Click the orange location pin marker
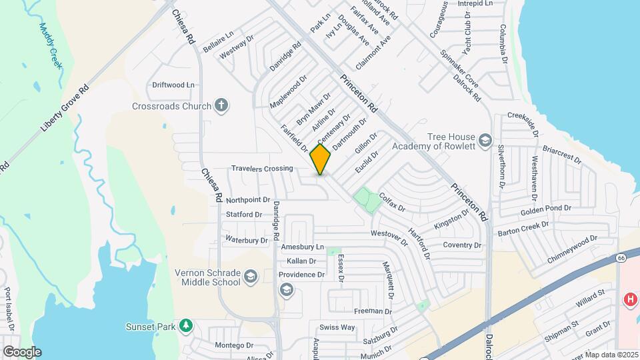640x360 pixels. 321,159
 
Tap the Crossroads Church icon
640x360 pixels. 221,105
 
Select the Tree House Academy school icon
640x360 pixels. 486,141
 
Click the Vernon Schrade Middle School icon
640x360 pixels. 250,277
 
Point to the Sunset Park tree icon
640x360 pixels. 187,326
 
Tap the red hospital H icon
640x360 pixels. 629,300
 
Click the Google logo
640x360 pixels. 21,351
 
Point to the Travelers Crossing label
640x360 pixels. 262,169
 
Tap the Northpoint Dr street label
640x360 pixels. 247,200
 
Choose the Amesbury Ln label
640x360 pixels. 303,247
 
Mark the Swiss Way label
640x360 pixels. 337,327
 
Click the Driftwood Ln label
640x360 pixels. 173,85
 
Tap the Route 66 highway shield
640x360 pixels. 621,257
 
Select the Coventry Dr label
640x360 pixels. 462,245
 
